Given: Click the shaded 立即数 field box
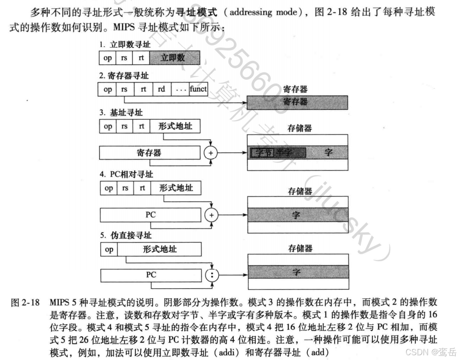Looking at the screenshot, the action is coord(174,58).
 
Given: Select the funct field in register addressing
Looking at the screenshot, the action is coord(198,89).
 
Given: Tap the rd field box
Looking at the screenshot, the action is coord(161,89).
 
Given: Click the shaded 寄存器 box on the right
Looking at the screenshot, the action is coord(297,102).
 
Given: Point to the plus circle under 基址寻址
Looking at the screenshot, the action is coord(211,153).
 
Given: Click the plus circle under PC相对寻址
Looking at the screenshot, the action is coord(211,215).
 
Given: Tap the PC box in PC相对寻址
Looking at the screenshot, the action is coord(151,215).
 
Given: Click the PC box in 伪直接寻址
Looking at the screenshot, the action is coord(151,274).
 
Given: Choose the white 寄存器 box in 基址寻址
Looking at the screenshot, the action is coord(149,153).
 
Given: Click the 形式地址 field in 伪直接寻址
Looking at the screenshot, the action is coord(159,250).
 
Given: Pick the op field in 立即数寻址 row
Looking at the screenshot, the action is coord(108,58).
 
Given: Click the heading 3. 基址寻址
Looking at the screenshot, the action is coord(121,113).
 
